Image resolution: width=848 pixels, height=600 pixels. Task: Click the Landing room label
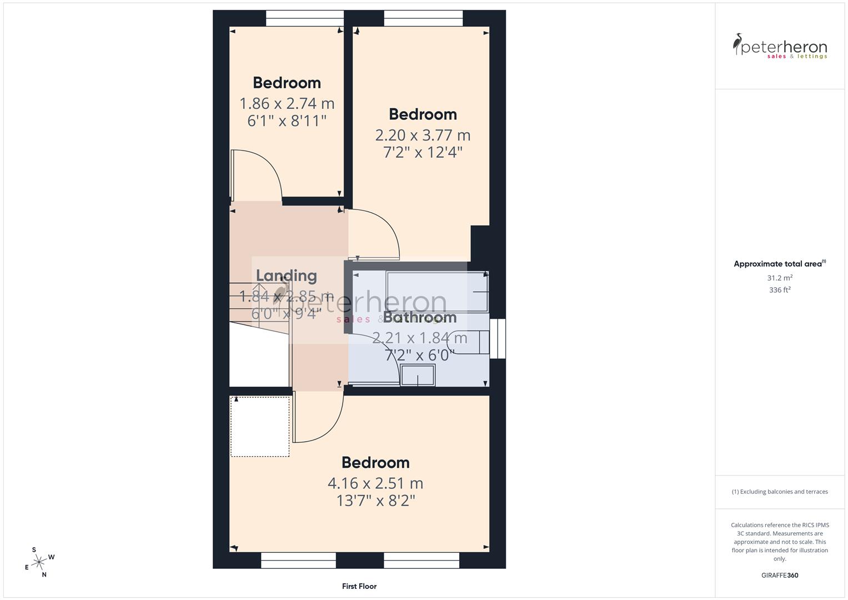[286, 276]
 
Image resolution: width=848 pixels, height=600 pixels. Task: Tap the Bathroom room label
[420, 317]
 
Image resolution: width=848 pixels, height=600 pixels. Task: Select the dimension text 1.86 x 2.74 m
[287, 103]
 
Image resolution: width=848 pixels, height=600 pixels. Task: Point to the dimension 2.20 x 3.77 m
[423, 135]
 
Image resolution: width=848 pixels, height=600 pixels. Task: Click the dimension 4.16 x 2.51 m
[375, 483]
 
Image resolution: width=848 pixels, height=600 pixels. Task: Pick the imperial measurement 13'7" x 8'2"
[375, 501]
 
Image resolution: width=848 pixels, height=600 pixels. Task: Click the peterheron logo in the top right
[780, 47]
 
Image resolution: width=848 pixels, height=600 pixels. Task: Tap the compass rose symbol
[38, 562]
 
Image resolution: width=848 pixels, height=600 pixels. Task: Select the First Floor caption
[359, 586]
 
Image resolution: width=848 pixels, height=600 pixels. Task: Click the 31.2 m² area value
[780, 278]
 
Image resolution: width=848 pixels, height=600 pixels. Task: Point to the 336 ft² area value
[780, 290]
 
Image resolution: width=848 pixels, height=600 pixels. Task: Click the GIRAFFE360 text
[780, 575]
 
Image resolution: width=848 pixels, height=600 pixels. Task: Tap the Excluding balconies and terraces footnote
[780, 492]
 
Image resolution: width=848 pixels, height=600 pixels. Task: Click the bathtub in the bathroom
[436, 292]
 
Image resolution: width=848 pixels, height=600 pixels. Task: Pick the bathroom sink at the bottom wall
[418, 376]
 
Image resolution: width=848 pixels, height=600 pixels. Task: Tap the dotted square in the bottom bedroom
[260, 426]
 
